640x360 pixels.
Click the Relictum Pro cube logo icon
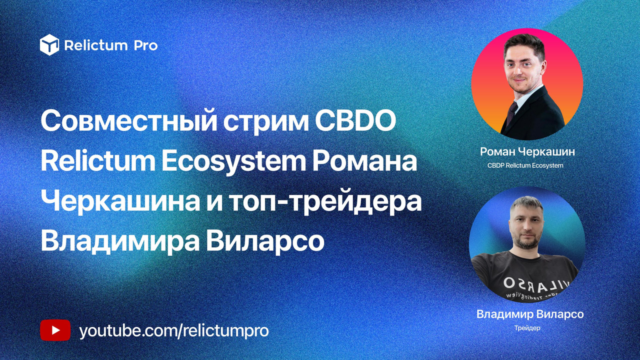point(49,44)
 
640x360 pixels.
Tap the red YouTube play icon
point(55,330)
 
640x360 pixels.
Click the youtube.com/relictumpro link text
point(173,331)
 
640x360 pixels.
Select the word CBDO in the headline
point(355,121)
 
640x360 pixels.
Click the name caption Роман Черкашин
point(527,151)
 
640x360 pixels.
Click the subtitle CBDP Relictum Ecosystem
point(525,165)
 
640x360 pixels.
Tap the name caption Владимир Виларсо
point(530,314)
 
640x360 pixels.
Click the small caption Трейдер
point(527,328)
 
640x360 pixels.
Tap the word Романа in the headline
point(364,161)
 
